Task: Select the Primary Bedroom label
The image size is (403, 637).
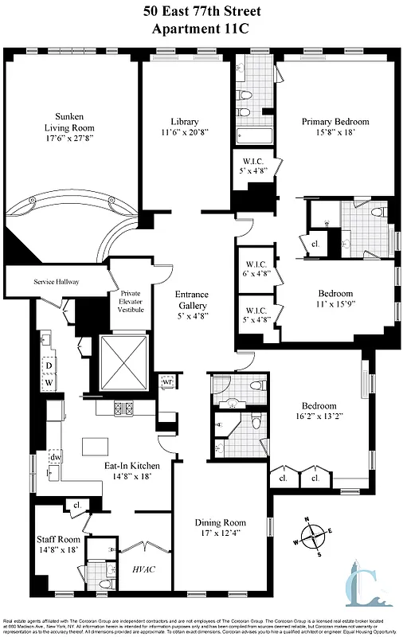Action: click(x=335, y=122)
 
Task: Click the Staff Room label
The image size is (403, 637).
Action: click(x=56, y=539)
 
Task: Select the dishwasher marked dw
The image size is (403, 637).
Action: click(x=56, y=458)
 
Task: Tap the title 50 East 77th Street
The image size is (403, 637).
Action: click(x=201, y=11)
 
